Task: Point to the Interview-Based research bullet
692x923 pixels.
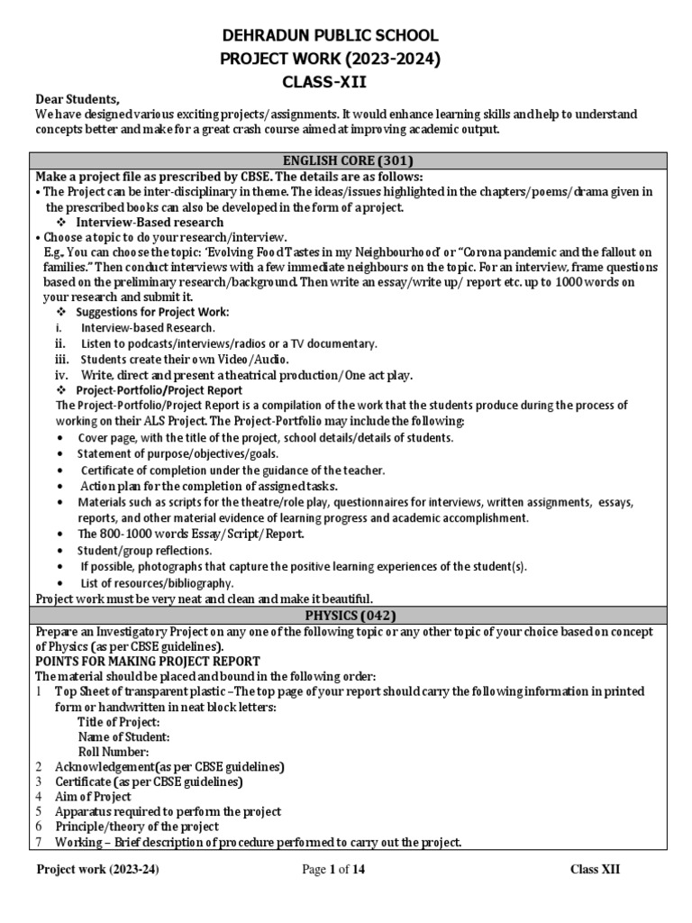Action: point(150,222)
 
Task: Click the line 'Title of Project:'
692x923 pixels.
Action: point(119,722)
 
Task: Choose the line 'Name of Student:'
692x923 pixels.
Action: point(123,737)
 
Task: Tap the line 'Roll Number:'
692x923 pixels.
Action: point(114,752)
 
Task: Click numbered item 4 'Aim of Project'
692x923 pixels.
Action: point(92,797)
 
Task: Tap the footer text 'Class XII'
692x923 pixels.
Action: point(595,870)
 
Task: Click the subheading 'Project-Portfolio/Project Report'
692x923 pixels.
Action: point(159,390)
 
